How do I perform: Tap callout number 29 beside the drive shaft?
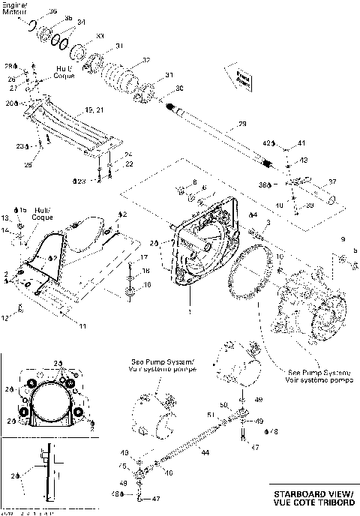(x=241, y=124)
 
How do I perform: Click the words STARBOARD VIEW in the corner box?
(x=313, y=493)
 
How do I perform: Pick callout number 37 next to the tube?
(x=333, y=181)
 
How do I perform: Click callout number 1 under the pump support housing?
(x=190, y=310)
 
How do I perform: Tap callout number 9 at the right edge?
(x=343, y=239)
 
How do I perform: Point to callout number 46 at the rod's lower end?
(x=169, y=472)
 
